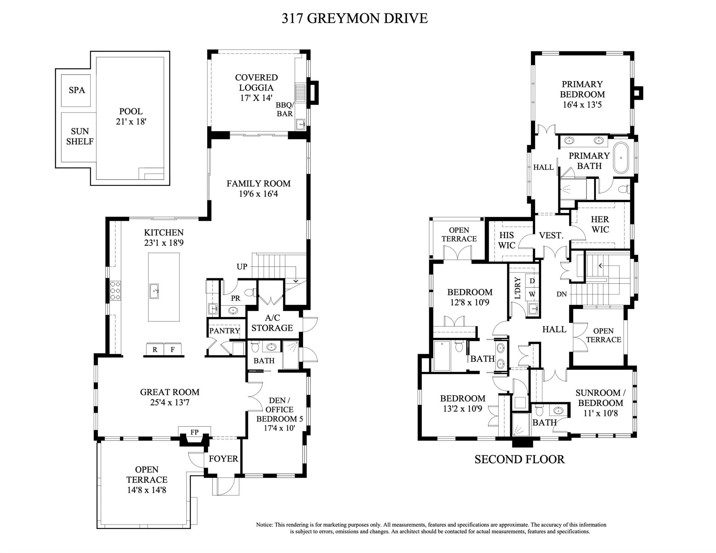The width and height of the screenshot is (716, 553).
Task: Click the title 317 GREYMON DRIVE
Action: coord(354,18)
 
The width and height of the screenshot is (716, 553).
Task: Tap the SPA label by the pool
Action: coord(77,90)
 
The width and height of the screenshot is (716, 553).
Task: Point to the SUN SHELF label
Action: coord(80,136)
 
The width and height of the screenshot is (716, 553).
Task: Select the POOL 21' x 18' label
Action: coord(131,116)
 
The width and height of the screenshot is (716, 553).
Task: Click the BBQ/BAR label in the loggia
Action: coord(285,109)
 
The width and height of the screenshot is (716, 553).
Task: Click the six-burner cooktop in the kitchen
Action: coord(115,290)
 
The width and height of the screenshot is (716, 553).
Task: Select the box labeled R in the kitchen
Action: coord(155,349)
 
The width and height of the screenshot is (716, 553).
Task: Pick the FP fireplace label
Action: coord(194,432)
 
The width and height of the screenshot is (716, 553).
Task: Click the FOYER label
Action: coord(223,459)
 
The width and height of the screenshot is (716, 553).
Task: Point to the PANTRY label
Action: coord(224,330)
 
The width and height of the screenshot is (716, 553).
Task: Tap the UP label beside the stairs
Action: coord(242,267)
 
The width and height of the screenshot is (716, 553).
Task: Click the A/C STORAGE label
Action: coord(272,323)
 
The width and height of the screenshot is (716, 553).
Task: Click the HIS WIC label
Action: coord(507,240)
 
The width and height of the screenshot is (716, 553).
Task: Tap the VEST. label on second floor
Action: coord(551,236)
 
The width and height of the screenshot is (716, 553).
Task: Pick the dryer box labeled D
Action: coord(532,281)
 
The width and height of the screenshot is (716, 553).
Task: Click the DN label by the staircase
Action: coord(561,294)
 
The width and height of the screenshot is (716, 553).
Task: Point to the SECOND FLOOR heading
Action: coord(519,459)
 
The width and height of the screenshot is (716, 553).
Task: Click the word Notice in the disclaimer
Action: coord(264,525)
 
